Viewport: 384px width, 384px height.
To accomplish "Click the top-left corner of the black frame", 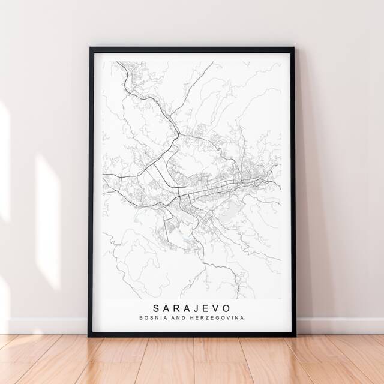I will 91,48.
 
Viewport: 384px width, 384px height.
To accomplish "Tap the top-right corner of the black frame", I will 294,48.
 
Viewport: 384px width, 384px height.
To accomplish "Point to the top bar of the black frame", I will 192,49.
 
